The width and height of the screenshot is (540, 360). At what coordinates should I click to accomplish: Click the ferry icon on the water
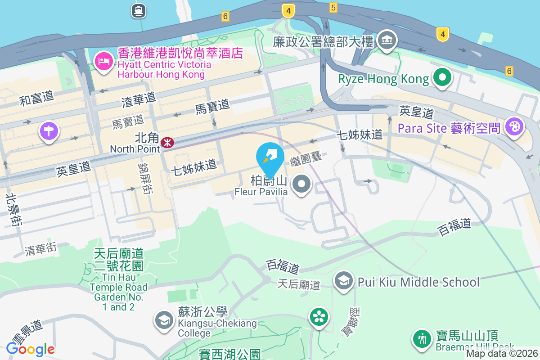[138, 10]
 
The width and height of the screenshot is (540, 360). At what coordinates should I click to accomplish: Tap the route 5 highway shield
[333, 7]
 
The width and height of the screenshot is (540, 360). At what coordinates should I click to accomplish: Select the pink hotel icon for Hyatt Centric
[104, 62]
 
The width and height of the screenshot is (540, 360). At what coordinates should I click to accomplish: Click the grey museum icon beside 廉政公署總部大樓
[386, 40]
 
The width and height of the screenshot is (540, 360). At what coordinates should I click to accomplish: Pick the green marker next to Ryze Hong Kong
[443, 78]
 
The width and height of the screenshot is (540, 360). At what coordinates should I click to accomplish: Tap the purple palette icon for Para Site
[513, 126]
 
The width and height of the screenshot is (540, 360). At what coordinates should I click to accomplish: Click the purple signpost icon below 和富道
[49, 131]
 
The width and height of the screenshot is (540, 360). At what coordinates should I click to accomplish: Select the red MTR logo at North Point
[167, 143]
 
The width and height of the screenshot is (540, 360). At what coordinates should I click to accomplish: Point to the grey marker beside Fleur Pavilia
[301, 184]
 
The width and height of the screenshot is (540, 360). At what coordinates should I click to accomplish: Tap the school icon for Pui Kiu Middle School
[344, 282]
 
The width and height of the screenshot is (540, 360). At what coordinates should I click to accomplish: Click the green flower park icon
[319, 317]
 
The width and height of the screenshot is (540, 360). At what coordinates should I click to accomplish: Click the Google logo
[30, 349]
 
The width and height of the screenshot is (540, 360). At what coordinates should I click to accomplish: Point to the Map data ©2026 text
[501, 354]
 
